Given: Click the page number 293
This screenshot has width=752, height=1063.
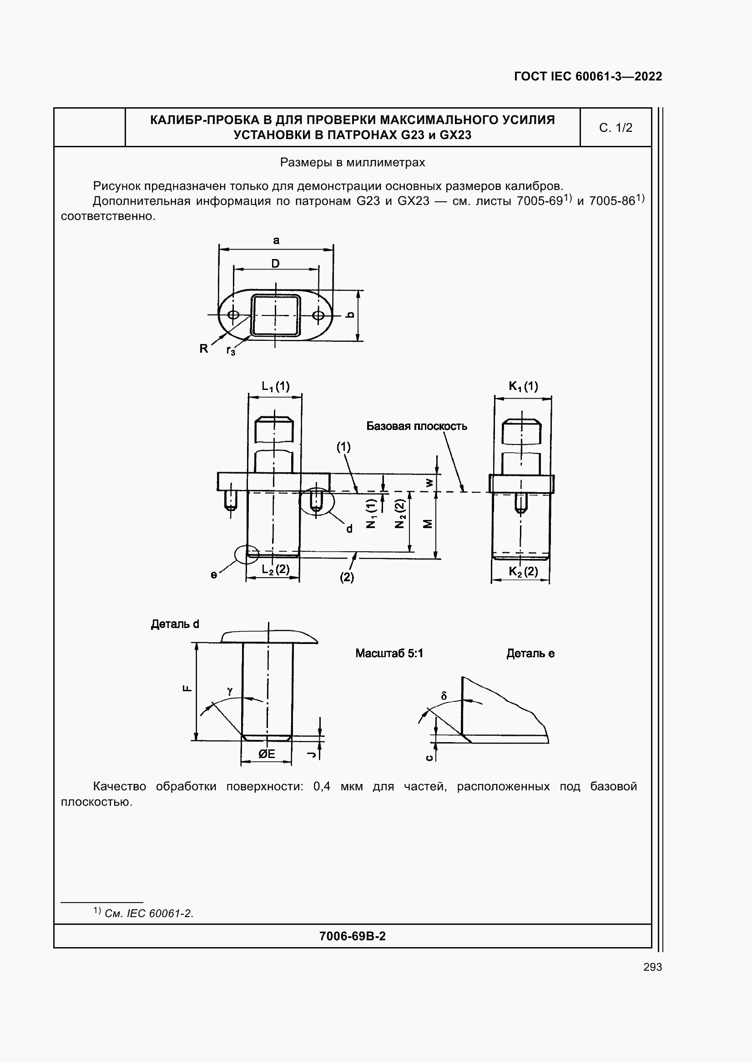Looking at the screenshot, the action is pyautogui.click(x=652, y=967).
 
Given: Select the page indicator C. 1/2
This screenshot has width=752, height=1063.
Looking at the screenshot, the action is pyautogui.click(x=616, y=128).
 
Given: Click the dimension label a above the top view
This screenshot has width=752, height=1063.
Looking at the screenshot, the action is pyautogui.click(x=276, y=240).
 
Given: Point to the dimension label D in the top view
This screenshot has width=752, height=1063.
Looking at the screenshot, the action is pyautogui.click(x=276, y=264).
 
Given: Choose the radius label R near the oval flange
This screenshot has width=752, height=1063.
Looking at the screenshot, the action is pyautogui.click(x=204, y=349).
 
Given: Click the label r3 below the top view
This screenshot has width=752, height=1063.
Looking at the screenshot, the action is pyautogui.click(x=231, y=351).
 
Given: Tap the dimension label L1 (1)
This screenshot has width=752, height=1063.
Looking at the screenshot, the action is pyautogui.click(x=276, y=386).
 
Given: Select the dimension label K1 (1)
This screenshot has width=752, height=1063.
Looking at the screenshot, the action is pyautogui.click(x=524, y=386).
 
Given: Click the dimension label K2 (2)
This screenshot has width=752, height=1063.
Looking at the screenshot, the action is pyautogui.click(x=524, y=571).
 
